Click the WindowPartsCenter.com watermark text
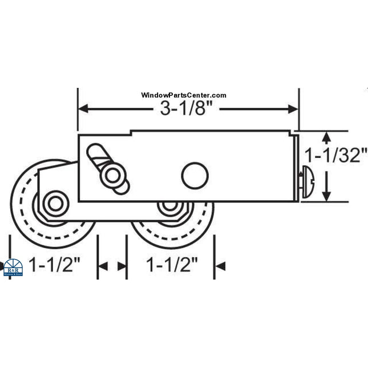pos(183,96)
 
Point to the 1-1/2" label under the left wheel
pos(55,265)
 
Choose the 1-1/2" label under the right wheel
pos(172,265)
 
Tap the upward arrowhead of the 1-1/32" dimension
pos(326,137)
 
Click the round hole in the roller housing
pos(195,175)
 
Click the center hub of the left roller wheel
pos(55,203)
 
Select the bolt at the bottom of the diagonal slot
pos(109,177)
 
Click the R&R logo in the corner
pos(13,268)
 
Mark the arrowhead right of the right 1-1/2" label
pos(221,266)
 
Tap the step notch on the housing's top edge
pos(131,134)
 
